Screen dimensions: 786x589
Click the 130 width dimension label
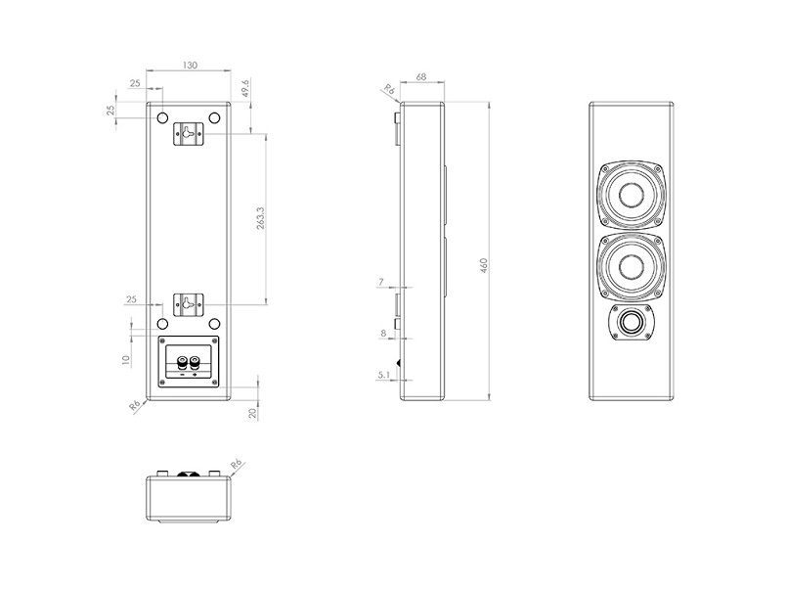[x=190, y=66]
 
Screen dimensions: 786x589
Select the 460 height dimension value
[x=484, y=265]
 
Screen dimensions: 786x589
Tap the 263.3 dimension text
[x=261, y=218]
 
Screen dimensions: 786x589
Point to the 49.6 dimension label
[x=245, y=88]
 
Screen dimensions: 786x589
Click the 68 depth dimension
[x=421, y=76]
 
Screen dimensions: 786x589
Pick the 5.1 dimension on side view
[x=384, y=375]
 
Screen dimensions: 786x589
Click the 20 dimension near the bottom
[x=252, y=413]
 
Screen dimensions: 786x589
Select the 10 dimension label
[x=126, y=360]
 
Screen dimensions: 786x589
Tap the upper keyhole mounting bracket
[x=188, y=134]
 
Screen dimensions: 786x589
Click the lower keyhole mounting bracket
[x=188, y=304]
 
